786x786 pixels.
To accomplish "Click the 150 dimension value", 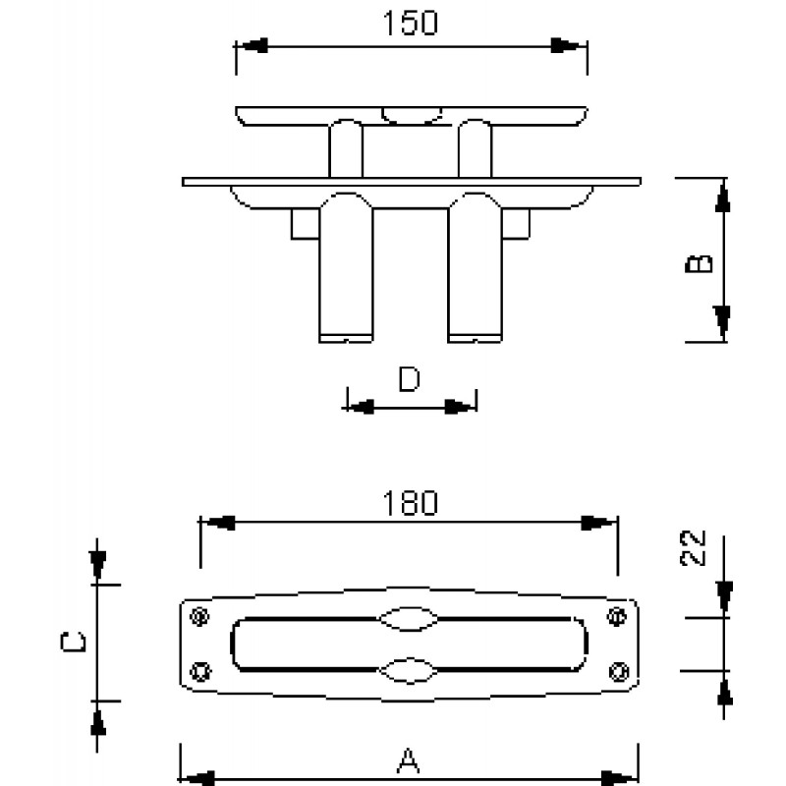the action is pyautogui.click(x=410, y=23).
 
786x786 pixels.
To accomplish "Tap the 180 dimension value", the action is pyautogui.click(x=410, y=503).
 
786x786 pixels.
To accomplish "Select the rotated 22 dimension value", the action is pyautogui.click(x=693, y=548).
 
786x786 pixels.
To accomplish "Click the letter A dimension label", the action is pyautogui.click(x=409, y=760).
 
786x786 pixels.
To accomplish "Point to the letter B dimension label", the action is pyautogui.click(x=699, y=263).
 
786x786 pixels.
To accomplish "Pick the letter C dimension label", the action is pyautogui.click(x=73, y=643).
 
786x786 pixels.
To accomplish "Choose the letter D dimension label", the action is pyautogui.click(x=409, y=378).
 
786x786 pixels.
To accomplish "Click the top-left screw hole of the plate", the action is pyautogui.click(x=200, y=616).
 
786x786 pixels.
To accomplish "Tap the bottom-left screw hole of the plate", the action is pyautogui.click(x=200, y=671).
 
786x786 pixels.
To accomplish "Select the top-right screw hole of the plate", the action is pyautogui.click(x=617, y=616).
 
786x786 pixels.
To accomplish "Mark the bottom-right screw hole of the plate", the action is pyautogui.click(x=619, y=671).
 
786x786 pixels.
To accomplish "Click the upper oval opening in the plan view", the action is pyautogui.click(x=409, y=619).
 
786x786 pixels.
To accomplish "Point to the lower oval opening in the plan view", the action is pyautogui.click(x=409, y=670).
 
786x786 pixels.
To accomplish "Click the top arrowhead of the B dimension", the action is pyautogui.click(x=723, y=196).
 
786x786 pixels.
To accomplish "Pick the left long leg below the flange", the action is pyautogui.click(x=346, y=267).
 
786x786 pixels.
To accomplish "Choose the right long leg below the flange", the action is pyautogui.click(x=475, y=267).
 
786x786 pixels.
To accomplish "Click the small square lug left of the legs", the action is pyautogui.click(x=306, y=224).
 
